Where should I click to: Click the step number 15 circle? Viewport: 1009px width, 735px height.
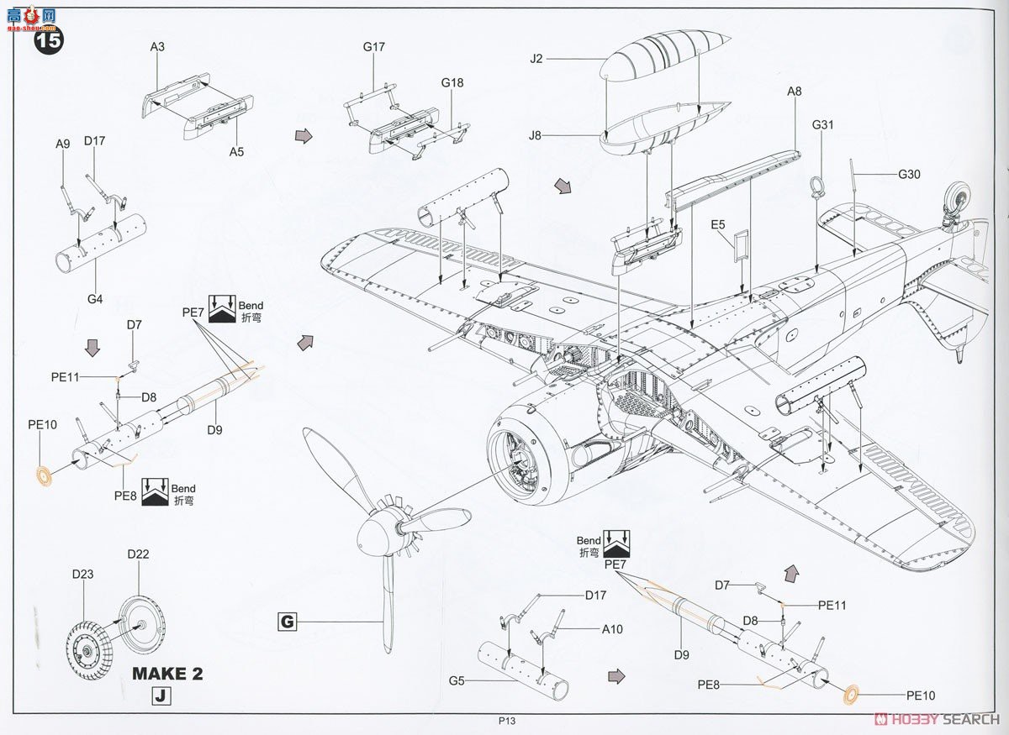pos(48,41)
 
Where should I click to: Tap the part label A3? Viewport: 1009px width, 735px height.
pos(157,48)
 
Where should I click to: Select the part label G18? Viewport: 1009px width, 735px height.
pos(452,83)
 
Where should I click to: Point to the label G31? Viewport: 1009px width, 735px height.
pos(822,124)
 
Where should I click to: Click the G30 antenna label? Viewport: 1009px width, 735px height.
pos(910,175)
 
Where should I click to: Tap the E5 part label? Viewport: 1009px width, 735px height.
pos(717,224)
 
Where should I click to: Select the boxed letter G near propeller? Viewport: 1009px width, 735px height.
pos(288,622)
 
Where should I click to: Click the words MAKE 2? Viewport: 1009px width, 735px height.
pos(167,674)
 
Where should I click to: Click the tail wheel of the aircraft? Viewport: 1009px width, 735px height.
pos(958,198)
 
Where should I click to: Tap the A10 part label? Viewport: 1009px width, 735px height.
pos(611,629)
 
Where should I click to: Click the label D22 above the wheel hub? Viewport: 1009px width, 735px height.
pos(138,554)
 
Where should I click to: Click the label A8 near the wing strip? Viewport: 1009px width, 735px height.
pos(795,92)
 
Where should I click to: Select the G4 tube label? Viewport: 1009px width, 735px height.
pos(94,298)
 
